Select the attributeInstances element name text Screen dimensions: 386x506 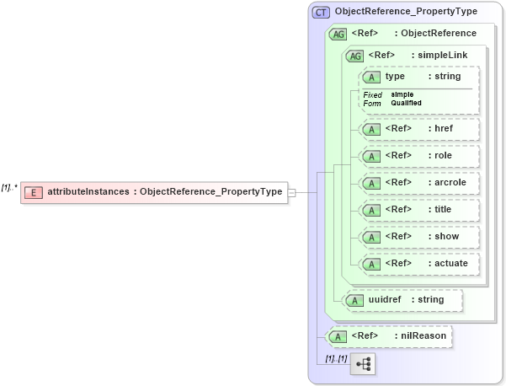click(88, 192)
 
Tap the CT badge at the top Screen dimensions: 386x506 click(320, 13)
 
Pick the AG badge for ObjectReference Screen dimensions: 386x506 click(338, 34)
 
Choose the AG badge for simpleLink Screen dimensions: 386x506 click(354, 56)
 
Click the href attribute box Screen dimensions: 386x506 click(419, 129)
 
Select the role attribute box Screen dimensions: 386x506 click(419, 156)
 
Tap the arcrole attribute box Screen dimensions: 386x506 click(419, 183)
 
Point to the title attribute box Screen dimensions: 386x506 click(419, 210)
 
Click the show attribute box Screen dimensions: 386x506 click(419, 237)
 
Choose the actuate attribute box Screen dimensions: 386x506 click(419, 264)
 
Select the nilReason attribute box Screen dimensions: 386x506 click(388, 336)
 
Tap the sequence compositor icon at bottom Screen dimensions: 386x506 click(363, 364)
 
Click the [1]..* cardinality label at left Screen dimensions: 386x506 click(9, 186)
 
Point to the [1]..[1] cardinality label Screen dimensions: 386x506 click(337, 359)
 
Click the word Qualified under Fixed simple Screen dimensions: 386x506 click(407, 103)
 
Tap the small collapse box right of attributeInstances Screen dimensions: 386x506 click(291, 192)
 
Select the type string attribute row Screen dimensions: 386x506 click(419, 77)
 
